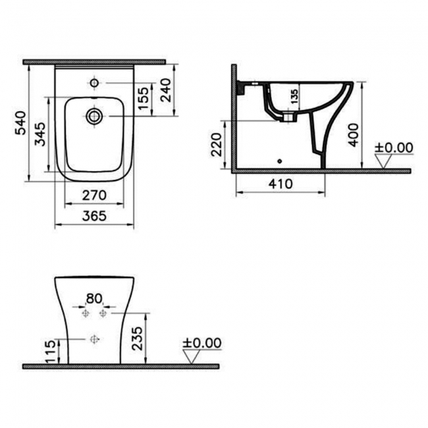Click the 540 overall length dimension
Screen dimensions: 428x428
(20, 123)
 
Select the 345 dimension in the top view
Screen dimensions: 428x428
(40, 135)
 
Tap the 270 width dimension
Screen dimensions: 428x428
(94, 196)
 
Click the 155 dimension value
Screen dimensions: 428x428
(144, 99)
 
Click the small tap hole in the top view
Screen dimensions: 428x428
(94, 83)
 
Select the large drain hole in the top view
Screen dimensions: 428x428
(94, 117)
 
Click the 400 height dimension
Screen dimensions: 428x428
(354, 134)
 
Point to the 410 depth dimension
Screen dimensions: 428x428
(281, 184)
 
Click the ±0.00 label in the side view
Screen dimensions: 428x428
(394, 147)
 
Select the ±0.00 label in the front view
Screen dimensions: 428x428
(202, 343)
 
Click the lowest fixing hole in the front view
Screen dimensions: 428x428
(94, 339)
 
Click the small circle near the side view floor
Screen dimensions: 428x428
(280, 160)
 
